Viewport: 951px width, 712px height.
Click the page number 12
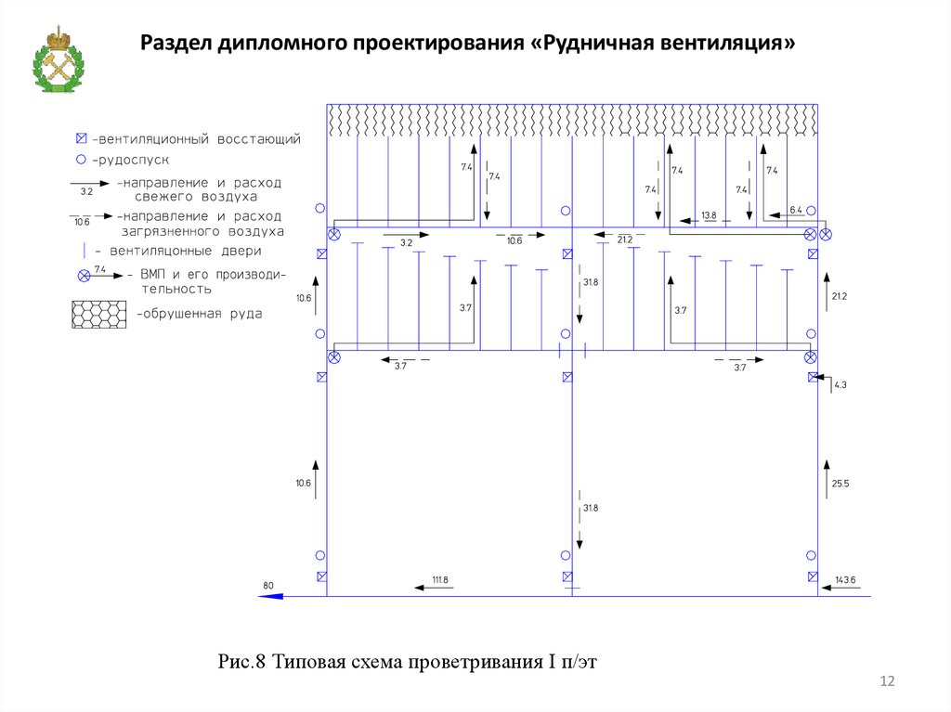886,682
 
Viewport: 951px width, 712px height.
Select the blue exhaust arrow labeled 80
270,595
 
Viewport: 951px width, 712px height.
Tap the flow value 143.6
845,580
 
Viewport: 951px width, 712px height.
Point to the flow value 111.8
440,580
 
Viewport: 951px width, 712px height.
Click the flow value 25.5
840,484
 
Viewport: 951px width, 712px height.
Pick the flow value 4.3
840,384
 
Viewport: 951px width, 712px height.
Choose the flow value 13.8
709,215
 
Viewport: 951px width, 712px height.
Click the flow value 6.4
795,211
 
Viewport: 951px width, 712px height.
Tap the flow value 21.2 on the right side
840,296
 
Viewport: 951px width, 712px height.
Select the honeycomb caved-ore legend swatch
99,314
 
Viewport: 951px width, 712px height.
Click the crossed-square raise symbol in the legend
81,139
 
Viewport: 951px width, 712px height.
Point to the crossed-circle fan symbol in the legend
83,275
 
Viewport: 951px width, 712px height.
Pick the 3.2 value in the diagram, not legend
406,242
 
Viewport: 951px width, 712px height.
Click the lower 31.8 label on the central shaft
590,508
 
